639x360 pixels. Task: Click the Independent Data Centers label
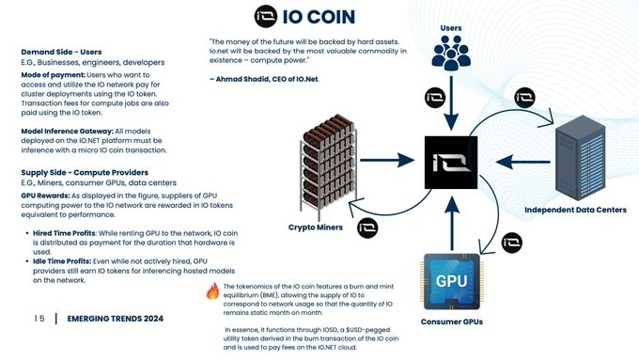[x=575, y=209]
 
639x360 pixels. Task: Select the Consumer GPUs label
[x=452, y=322]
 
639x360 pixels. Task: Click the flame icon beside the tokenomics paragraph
[x=213, y=292]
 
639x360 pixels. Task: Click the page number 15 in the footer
[x=39, y=320]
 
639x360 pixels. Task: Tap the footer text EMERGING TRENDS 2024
[x=115, y=320]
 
